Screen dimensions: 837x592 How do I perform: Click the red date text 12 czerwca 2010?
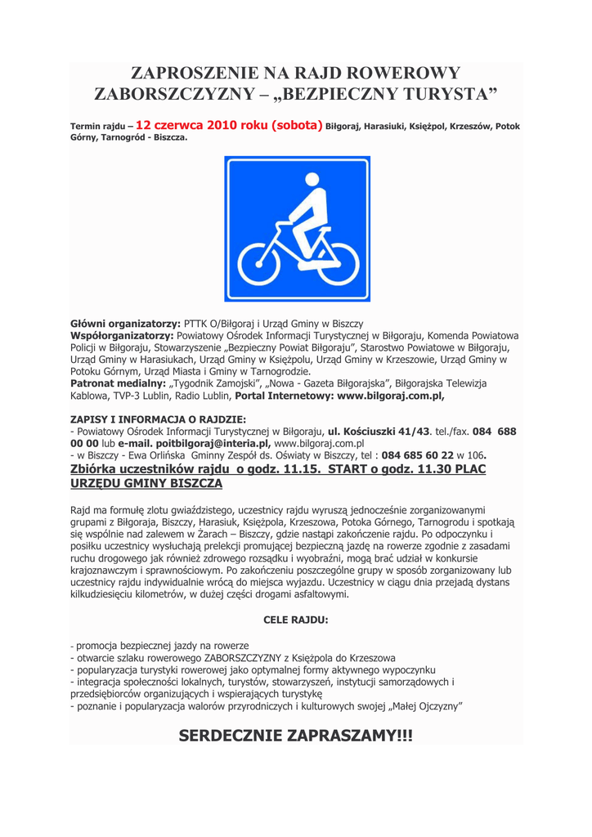click(x=202, y=126)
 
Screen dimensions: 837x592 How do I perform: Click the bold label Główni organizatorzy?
click(x=125, y=325)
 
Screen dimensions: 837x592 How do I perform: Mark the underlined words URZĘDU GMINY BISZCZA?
click(x=146, y=483)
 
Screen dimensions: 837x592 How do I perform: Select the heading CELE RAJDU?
click(x=295, y=620)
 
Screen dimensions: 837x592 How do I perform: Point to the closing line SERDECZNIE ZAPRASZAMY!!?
click(x=295, y=736)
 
